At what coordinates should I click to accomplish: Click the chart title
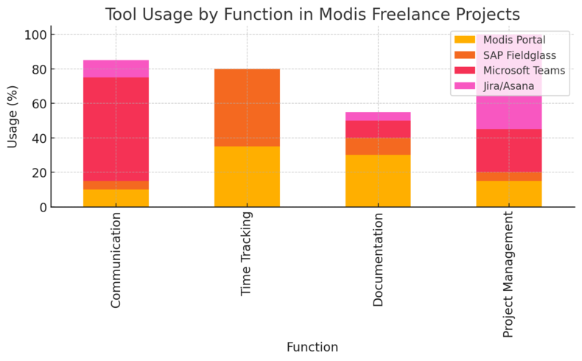tap(312, 14)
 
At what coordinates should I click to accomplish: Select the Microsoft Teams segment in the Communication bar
tap(116, 129)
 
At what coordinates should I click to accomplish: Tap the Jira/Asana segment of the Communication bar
tap(116, 69)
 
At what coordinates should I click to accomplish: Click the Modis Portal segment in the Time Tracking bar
tap(247, 177)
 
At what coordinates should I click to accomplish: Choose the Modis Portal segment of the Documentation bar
tap(378, 180)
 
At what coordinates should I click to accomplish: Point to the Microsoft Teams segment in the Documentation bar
tap(378, 129)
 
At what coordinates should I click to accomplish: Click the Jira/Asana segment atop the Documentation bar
tap(378, 116)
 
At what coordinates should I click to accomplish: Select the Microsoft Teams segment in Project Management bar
tap(509, 150)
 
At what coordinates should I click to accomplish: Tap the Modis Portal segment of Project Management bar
tap(509, 194)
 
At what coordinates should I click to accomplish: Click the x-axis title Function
tap(312, 347)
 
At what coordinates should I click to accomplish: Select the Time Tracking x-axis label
tap(247, 253)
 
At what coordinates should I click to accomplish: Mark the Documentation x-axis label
tap(378, 259)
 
